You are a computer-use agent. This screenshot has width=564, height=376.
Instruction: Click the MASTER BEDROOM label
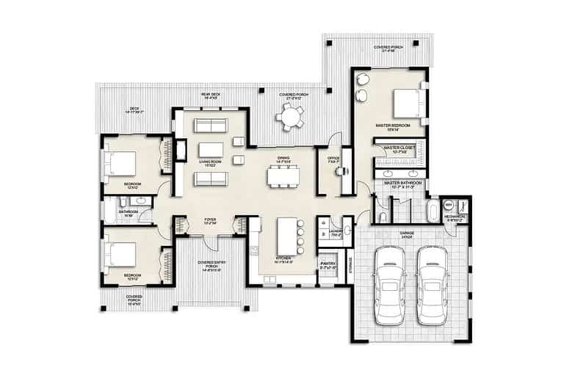[x=391, y=126]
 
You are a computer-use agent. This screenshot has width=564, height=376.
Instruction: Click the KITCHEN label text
[x=284, y=258]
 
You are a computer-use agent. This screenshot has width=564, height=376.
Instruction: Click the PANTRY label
[x=328, y=266]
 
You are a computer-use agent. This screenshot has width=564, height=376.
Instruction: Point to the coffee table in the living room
[x=210, y=151]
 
